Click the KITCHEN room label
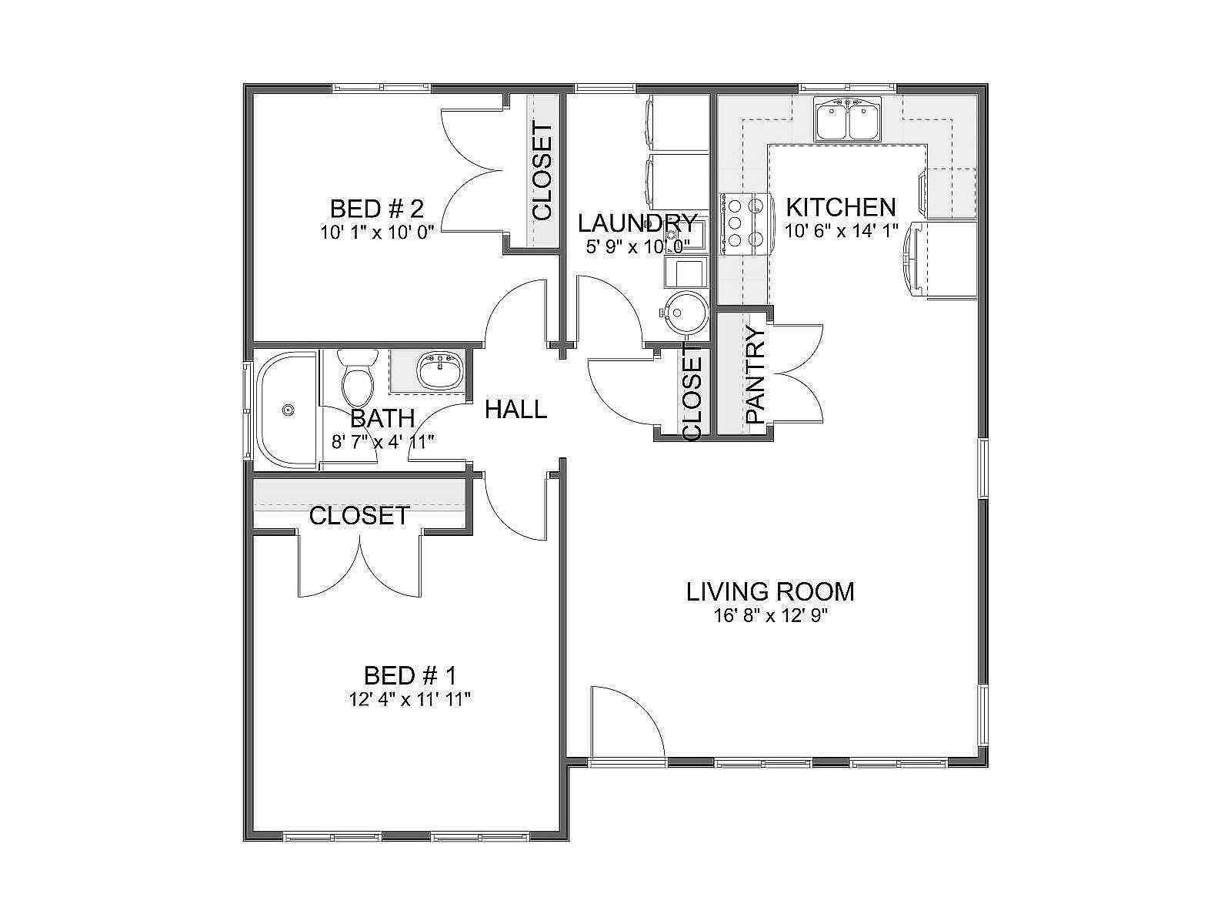coord(840,208)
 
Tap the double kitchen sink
coord(848,119)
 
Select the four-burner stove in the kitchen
coord(743,223)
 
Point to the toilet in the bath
coord(357,379)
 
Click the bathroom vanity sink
coord(441,370)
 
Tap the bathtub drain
coord(289,410)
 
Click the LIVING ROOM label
coord(770,592)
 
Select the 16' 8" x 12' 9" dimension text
coord(771,617)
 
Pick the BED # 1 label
coord(410,675)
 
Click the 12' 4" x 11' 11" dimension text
coord(410,700)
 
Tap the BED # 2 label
coord(376,209)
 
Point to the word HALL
coord(515,410)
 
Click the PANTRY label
coord(756,375)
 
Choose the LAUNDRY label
coord(638,223)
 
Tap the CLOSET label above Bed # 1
coord(359,516)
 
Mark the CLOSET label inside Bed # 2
coord(543,172)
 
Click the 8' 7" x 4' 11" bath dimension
coord(383,442)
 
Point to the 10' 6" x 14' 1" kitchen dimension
coord(841,231)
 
